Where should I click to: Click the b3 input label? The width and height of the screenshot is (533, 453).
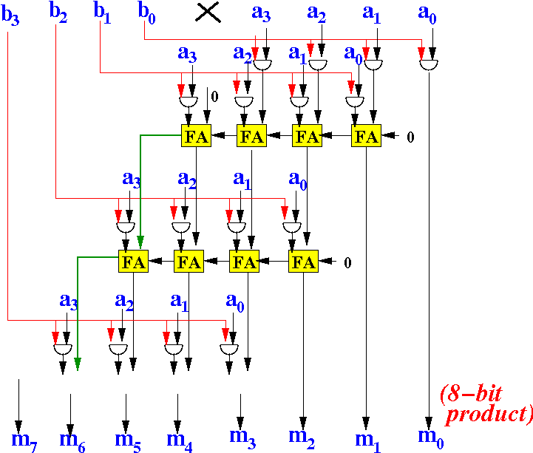click(x=10, y=17)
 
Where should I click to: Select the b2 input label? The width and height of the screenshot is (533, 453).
click(x=58, y=13)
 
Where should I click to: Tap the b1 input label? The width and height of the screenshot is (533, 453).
click(x=102, y=13)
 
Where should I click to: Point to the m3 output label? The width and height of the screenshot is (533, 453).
click(x=241, y=437)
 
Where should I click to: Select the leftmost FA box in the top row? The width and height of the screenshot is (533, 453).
click(x=196, y=136)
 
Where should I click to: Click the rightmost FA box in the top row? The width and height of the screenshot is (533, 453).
click(x=366, y=136)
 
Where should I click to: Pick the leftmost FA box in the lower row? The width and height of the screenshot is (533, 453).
click(x=134, y=262)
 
